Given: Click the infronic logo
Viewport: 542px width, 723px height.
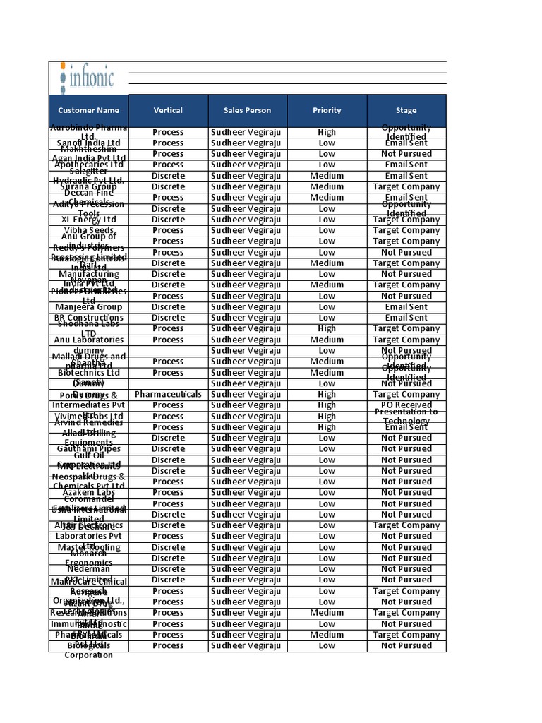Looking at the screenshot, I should (x=88, y=77).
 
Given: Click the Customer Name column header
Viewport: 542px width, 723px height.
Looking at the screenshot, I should (x=88, y=110).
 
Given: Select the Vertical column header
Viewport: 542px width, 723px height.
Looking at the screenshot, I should (x=168, y=110).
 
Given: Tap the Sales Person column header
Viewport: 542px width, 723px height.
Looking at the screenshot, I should (x=247, y=110).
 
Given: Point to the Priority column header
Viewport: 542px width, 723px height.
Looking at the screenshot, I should (x=327, y=110).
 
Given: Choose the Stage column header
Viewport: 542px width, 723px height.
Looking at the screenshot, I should (x=406, y=110).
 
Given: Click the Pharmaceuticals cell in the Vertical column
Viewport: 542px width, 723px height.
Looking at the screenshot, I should (x=168, y=394).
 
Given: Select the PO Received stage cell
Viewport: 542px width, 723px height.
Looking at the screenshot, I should (x=406, y=405).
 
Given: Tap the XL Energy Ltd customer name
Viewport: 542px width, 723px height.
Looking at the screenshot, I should (x=88, y=220).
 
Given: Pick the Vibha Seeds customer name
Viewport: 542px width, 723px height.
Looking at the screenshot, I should (x=88, y=230).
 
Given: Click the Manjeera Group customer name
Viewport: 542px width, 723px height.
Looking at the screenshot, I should (x=88, y=307).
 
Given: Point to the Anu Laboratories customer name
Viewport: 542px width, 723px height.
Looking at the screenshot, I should (x=88, y=340).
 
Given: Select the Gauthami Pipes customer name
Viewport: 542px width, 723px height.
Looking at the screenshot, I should (x=88, y=448).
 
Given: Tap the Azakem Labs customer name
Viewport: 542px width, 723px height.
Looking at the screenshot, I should (x=88, y=492).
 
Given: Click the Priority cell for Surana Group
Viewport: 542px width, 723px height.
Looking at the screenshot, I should (x=327, y=186).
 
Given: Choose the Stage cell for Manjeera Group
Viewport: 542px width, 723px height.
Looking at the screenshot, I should (x=406, y=307).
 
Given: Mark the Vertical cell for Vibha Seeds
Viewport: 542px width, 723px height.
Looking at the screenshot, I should (x=168, y=230).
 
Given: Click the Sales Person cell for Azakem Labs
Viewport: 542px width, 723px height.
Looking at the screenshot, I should (x=247, y=492).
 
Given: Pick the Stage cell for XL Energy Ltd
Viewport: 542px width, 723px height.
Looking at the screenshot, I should (x=406, y=220).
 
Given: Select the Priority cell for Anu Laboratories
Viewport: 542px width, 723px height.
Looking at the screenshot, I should (x=327, y=340).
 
